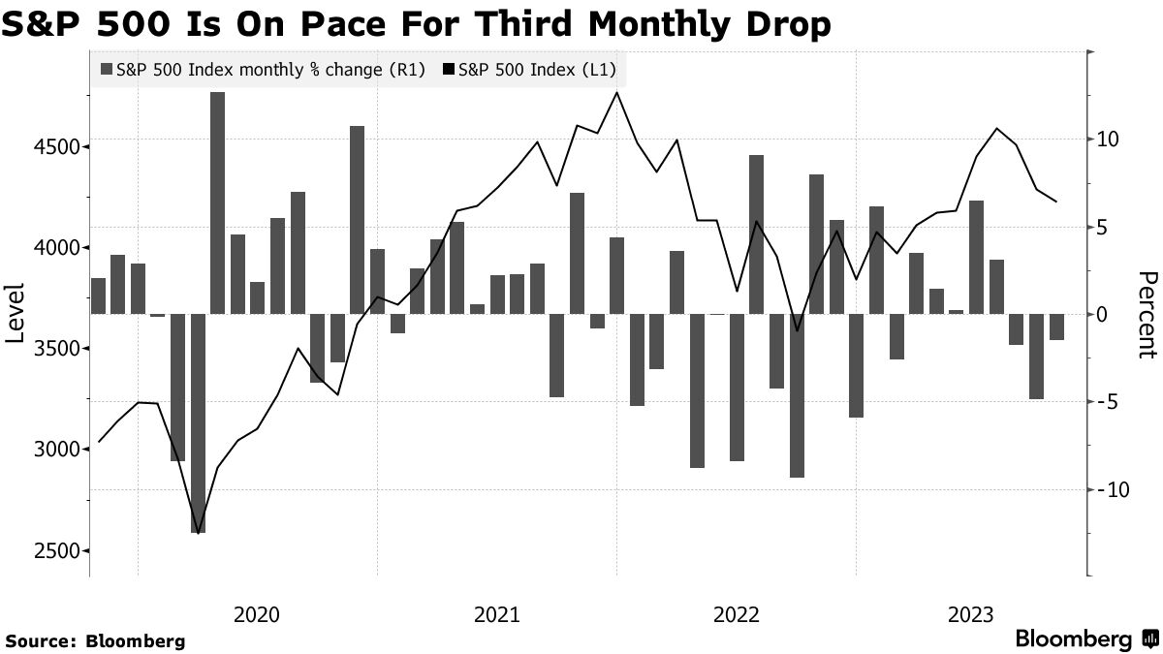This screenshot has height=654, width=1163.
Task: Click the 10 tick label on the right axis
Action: point(1107,140)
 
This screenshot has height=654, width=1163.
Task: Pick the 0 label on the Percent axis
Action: point(1101,315)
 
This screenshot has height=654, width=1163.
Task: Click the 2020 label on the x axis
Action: point(257,614)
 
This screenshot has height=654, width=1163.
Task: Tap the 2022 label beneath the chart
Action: point(736,614)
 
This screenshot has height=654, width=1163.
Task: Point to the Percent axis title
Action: point(1147,315)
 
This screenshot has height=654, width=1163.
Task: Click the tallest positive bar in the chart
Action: point(217,202)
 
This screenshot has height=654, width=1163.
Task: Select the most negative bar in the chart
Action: point(198,422)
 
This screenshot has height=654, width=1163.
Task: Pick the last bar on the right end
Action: point(1056,327)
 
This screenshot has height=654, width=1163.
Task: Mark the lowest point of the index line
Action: point(198,533)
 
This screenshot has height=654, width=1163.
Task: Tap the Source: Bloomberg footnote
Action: point(95,640)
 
